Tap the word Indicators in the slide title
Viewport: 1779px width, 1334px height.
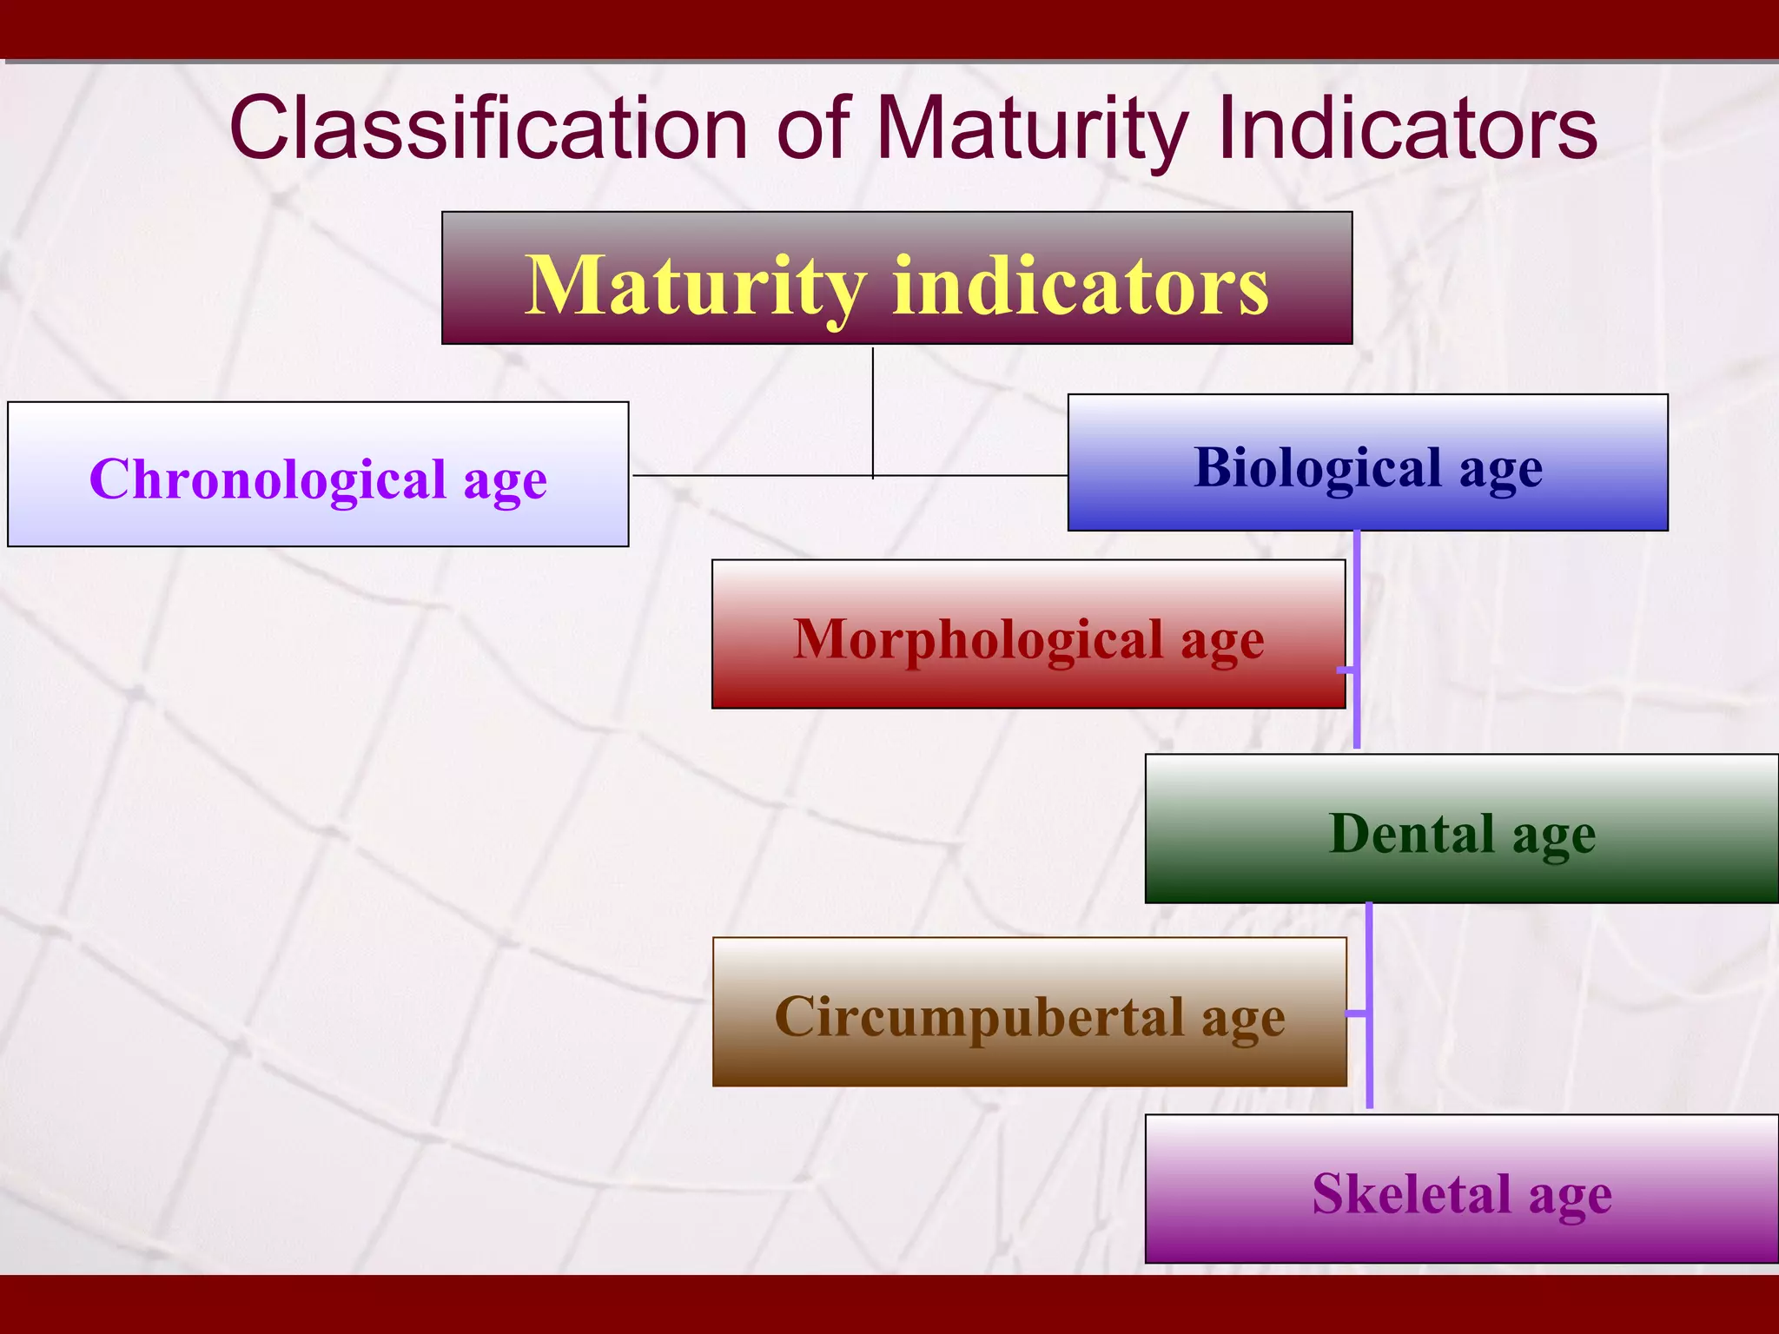click(1407, 129)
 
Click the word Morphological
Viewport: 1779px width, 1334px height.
click(978, 639)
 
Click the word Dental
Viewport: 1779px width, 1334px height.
click(1412, 834)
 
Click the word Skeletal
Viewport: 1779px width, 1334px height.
click(1412, 1193)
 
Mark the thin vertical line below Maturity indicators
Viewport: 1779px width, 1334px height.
click(873, 413)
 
